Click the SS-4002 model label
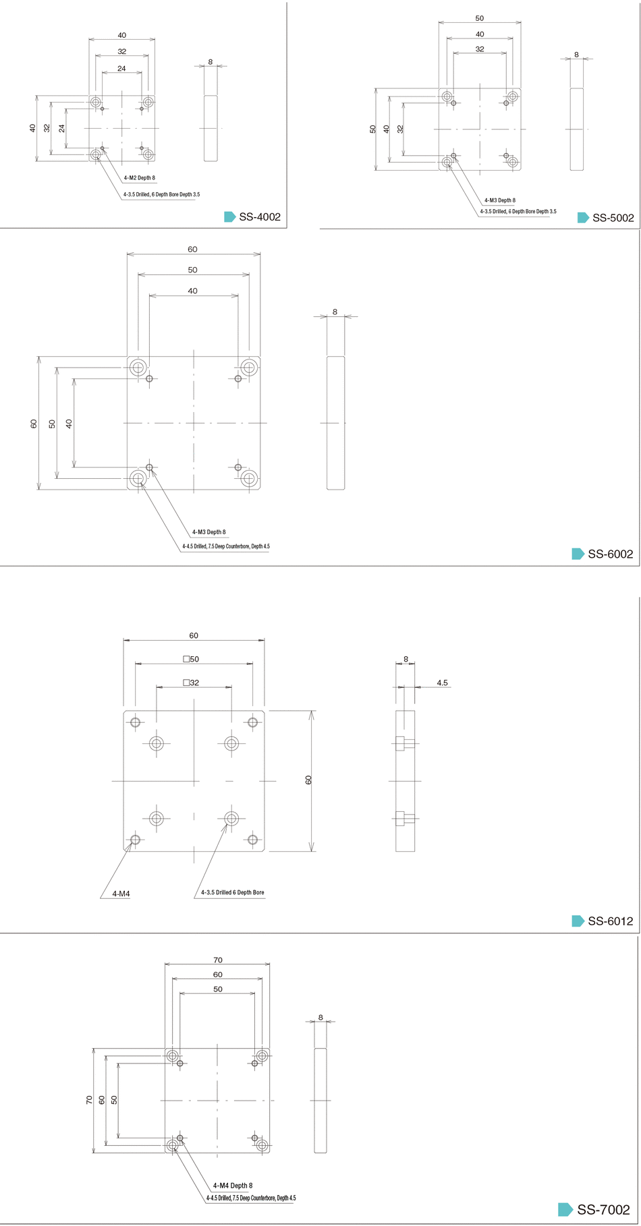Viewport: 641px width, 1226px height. [x=260, y=217]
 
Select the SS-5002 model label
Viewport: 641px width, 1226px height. [x=613, y=218]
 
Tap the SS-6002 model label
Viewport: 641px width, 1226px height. [x=611, y=554]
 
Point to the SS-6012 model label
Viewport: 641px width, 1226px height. [x=611, y=921]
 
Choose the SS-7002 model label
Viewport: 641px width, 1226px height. [x=604, y=1210]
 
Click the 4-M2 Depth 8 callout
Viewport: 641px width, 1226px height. [x=139, y=178]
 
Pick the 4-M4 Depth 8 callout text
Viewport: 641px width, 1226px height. [x=233, y=1185]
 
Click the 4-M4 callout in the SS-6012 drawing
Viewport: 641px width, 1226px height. [x=121, y=894]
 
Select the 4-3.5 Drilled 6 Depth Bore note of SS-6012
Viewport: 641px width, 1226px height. [x=233, y=892]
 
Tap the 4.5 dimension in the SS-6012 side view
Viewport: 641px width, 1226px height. [x=442, y=682]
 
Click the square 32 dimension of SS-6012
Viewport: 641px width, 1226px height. [x=192, y=682]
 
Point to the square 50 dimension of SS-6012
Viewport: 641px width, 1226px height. [x=192, y=659]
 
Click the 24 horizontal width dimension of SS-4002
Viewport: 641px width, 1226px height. [x=121, y=68]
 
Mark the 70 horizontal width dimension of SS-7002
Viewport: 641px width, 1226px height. [x=218, y=960]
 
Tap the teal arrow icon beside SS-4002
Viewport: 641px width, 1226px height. [x=230, y=217]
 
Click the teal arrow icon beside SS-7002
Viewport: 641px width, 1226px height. [x=566, y=1210]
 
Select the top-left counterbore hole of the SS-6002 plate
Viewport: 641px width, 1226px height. [x=138, y=368]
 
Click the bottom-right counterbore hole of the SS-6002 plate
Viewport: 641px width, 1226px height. [x=249, y=478]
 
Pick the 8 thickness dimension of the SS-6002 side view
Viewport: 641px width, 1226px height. [x=335, y=312]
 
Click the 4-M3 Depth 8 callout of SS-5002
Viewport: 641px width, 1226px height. [x=500, y=200]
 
